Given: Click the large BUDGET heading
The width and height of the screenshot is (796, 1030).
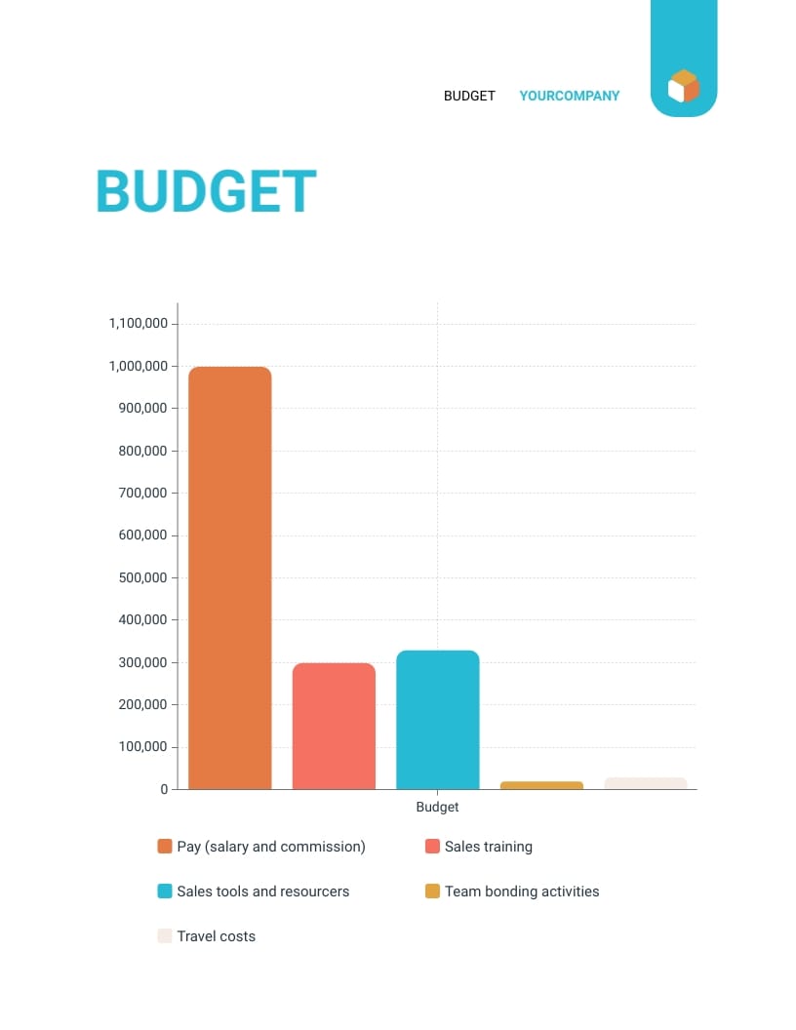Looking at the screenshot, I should coord(206,191).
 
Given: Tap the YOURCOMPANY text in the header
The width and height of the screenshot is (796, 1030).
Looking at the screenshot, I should coord(569,96).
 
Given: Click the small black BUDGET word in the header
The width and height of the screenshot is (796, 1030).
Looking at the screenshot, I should coord(469,96).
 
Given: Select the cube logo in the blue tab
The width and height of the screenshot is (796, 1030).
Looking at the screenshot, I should coord(684,86).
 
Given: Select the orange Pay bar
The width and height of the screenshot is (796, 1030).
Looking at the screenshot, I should coord(229,577).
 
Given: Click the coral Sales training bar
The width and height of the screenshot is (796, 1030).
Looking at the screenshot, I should coord(334,726).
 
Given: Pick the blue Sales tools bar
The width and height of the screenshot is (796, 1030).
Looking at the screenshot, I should coord(437,720).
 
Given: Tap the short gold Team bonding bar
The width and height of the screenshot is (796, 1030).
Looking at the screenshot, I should coord(541,785).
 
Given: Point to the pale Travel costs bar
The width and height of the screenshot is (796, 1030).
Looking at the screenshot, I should coord(646,783).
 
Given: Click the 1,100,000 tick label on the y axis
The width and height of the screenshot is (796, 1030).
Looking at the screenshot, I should coord(139,324).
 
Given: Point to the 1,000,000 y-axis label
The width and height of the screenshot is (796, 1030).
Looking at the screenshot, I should coord(139,367).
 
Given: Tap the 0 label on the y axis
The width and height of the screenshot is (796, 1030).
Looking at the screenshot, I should coord(164,789).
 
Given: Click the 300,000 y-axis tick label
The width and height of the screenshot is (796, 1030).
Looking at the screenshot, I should coord(142,662).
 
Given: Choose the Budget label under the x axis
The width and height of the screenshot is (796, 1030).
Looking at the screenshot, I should coord(437,808).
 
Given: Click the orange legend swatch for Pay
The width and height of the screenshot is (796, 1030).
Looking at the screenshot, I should coord(165,847).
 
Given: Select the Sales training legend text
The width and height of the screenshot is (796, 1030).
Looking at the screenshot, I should coord(488,847).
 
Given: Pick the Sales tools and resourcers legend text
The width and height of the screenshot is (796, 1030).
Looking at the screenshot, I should coord(262,891).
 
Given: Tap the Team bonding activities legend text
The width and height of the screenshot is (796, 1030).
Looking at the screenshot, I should coord(521,891).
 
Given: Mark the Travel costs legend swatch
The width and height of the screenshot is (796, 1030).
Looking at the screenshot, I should coord(165,936).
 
